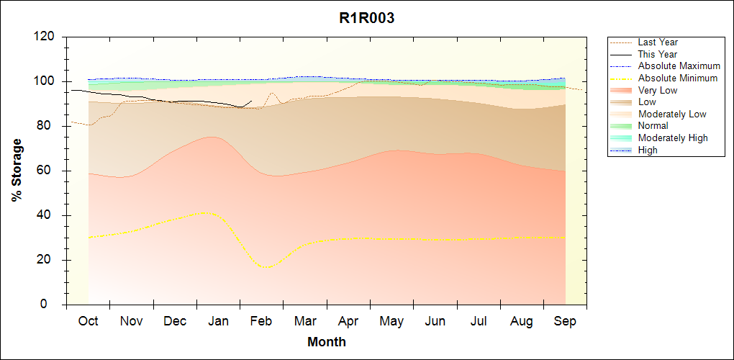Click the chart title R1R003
366,19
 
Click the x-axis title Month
326,342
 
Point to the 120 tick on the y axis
46,37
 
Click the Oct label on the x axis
88,321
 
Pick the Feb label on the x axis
261,321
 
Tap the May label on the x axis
391,321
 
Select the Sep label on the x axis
565,321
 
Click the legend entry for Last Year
657,42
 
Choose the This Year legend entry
657,54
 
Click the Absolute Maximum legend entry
679,66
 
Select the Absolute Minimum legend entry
678,78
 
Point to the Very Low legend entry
657,90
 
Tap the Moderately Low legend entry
672,114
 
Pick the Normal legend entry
653,126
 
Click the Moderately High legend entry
673,138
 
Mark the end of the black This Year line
251,102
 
